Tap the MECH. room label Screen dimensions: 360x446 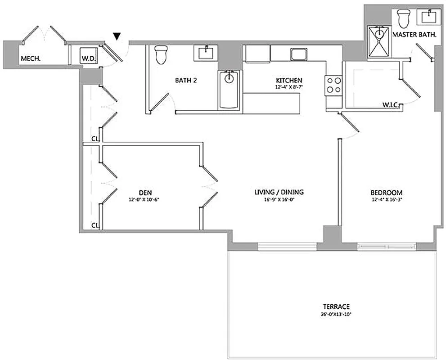tap(28, 58)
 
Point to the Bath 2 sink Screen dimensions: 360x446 tap(207, 52)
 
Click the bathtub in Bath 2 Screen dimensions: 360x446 tap(230, 90)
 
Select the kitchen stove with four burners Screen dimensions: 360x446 tap(333, 85)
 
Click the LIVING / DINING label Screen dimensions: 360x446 tap(279, 192)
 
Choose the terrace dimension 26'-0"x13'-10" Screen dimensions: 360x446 tap(333, 314)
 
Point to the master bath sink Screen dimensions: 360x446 tap(428, 17)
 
